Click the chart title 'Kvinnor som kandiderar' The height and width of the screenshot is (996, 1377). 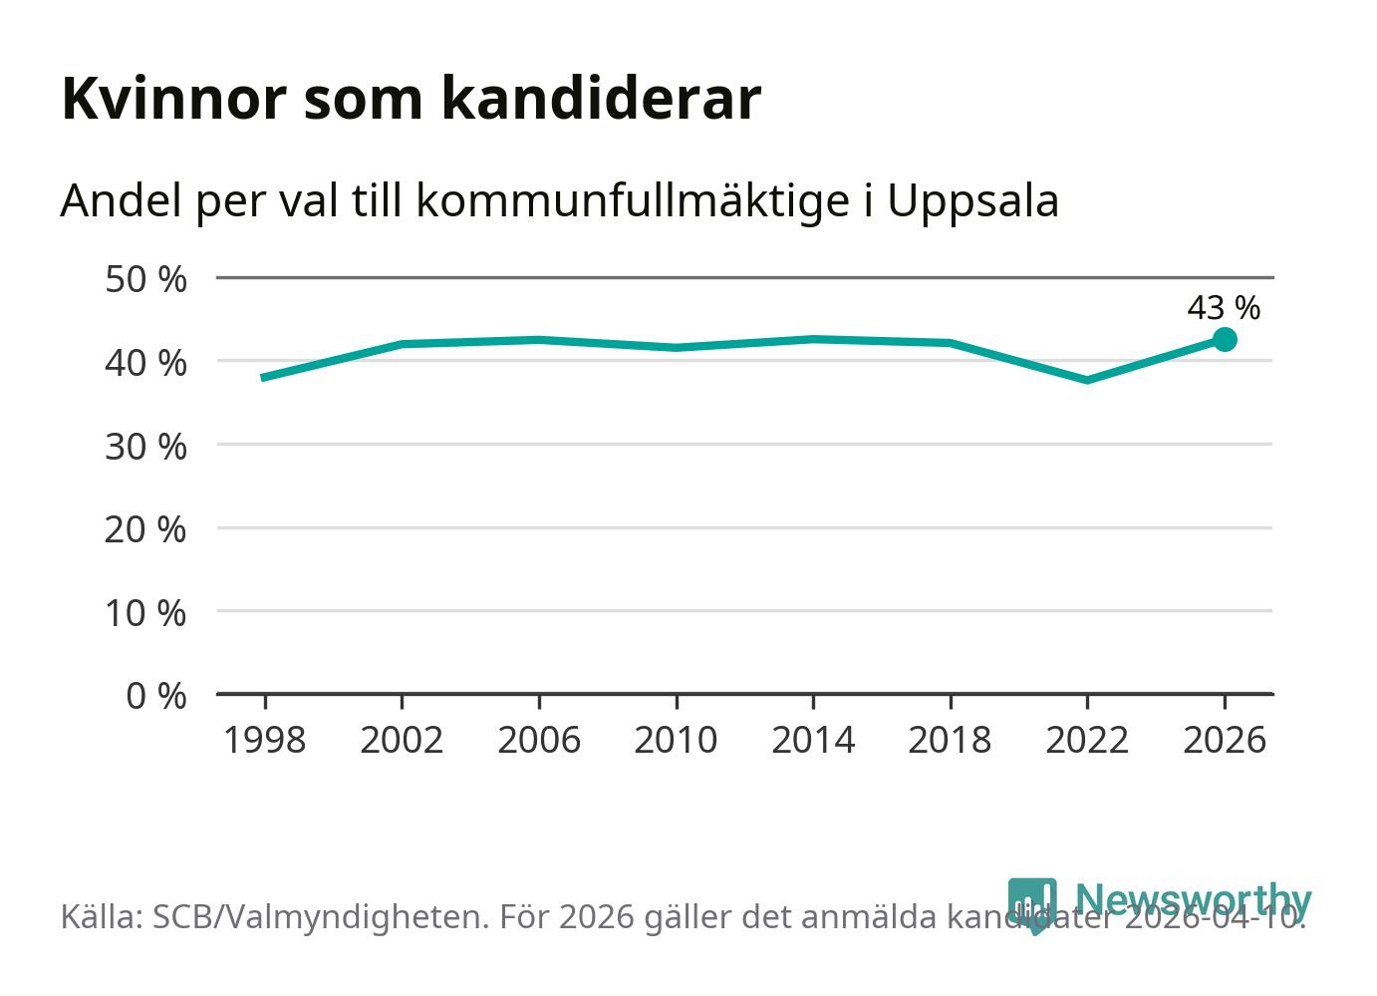tap(411, 99)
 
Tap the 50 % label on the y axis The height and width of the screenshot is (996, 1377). tap(145, 279)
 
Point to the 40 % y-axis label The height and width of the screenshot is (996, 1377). tap(145, 362)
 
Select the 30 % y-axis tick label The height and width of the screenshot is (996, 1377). tap(145, 446)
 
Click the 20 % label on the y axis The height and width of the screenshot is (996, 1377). tap(145, 528)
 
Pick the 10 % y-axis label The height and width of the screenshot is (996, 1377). tap(145, 612)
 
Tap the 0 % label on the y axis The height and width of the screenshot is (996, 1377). tap(156, 695)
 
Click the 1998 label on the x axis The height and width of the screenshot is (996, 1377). tap(265, 741)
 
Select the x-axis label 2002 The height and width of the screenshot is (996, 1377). tap(402, 741)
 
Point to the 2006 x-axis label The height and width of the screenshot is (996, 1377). tap(539, 741)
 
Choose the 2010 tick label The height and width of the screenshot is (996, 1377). tap(676, 741)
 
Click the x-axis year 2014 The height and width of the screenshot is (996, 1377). tap(813, 741)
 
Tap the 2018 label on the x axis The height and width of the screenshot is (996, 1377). tap(950, 741)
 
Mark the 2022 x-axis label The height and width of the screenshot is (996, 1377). tap(1087, 741)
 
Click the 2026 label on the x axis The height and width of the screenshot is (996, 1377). tap(1224, 741)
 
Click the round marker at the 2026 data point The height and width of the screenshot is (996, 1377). tap(1225, 340)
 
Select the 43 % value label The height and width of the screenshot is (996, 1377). tap(1223, 308)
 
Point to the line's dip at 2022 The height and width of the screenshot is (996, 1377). tap(1087, 380)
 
